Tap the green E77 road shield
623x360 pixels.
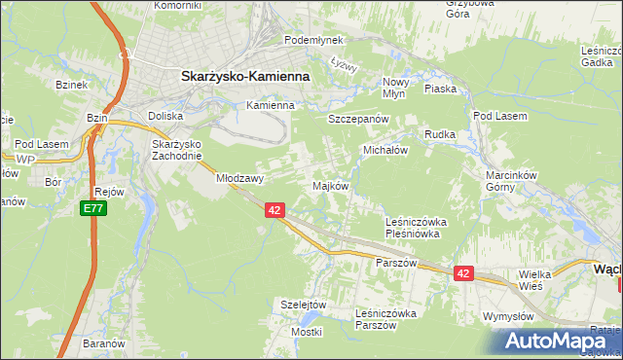[x=92, y=209]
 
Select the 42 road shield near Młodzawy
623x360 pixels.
[x=275, y=210]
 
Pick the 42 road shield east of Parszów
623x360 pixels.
[x=462, y=274]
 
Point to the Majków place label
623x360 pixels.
[x=329, y=186]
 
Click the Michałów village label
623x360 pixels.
[x=385, y=152]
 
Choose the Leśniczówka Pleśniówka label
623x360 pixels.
[x=414, y=228]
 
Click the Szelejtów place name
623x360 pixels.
[x=302, y=304]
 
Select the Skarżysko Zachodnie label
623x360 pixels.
[x=177, y=150]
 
